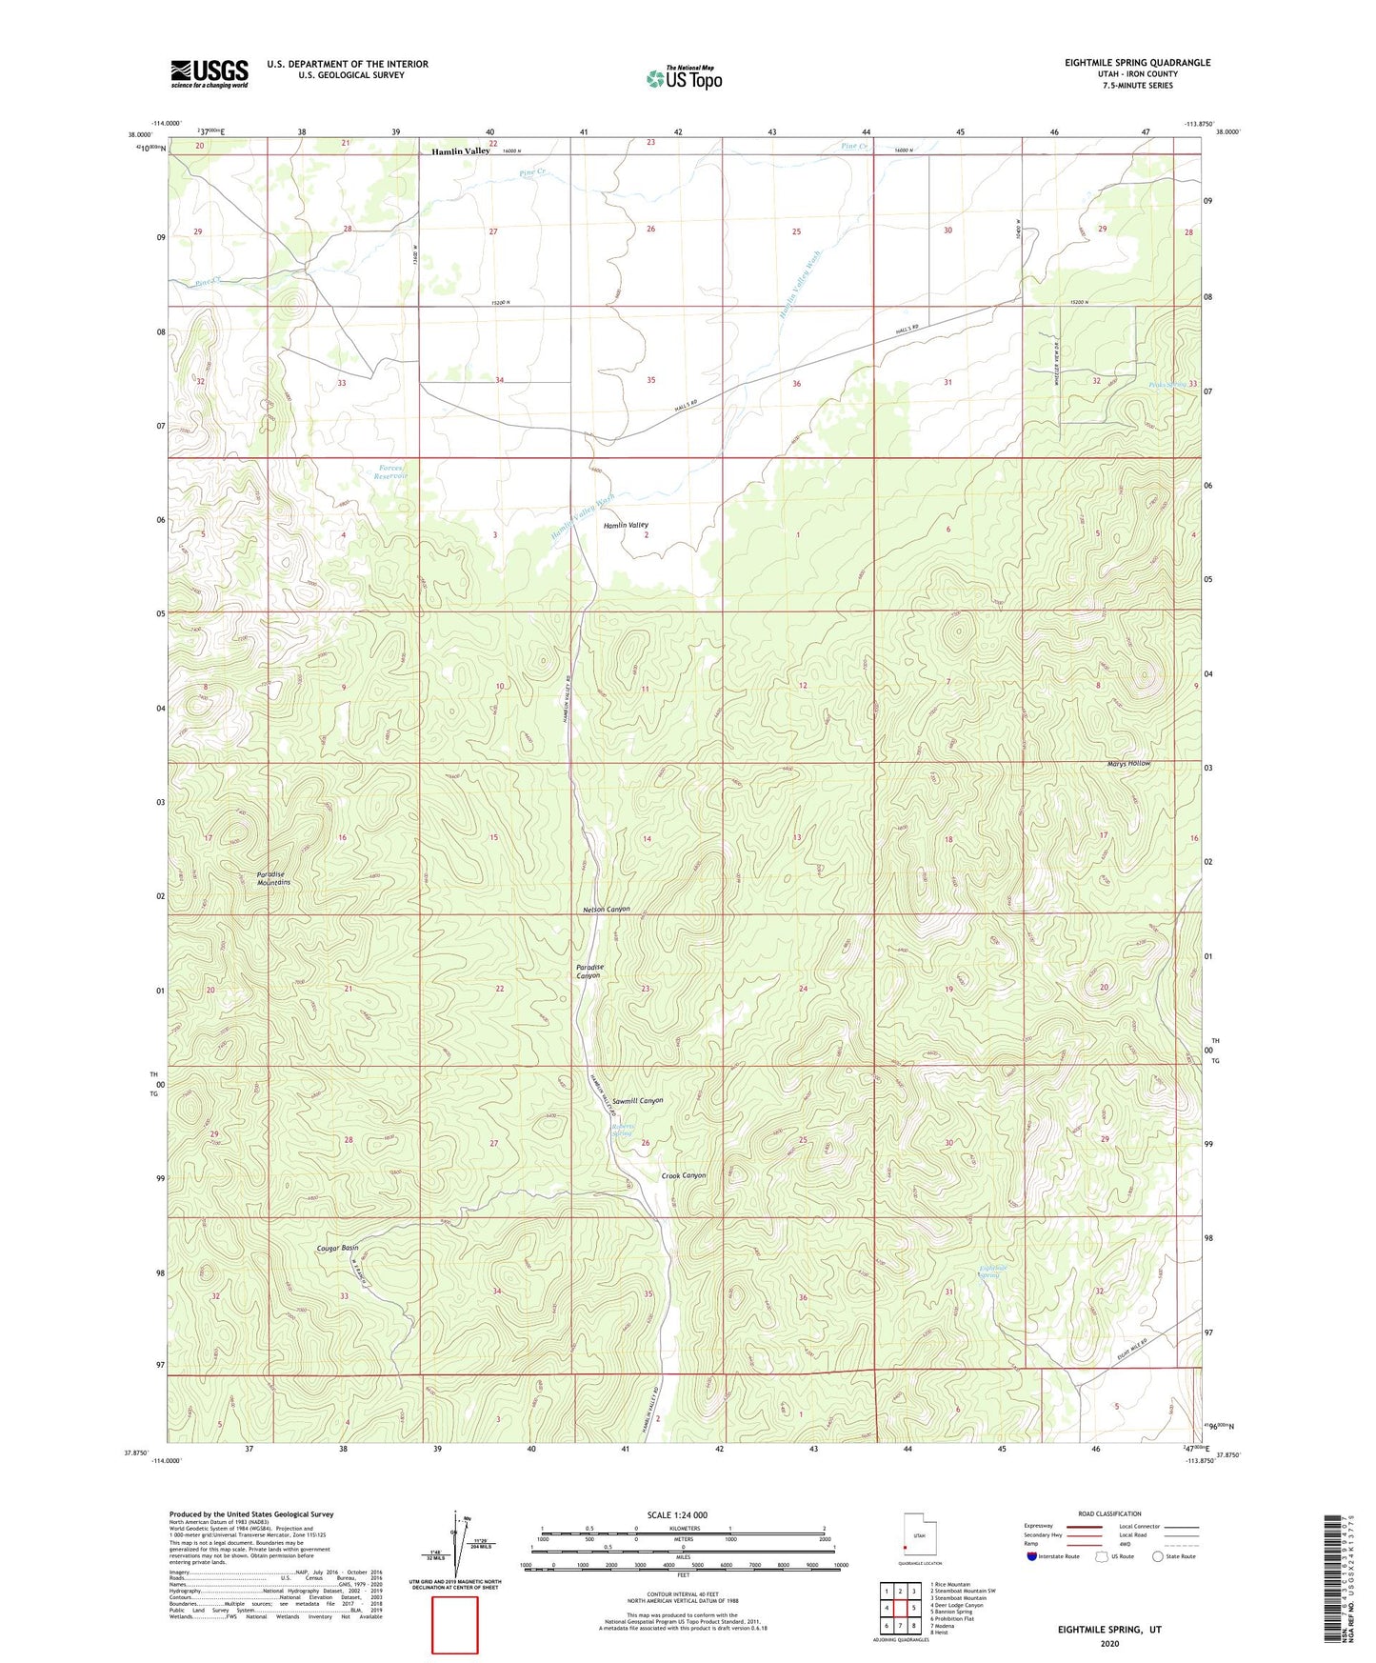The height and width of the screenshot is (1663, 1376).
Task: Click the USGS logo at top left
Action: (209, 72)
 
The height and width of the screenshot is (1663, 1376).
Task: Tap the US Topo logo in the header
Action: (684, 77)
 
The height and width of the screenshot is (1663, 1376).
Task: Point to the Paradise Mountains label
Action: (273, 878)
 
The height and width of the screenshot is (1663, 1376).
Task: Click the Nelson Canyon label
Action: (606, 910)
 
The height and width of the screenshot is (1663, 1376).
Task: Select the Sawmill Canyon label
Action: (637, 1100)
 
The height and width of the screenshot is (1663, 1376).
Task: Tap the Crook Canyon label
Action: (684, 1175)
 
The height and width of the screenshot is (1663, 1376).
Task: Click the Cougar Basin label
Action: (338, 1247)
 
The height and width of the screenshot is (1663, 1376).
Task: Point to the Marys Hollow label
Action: (1128, 764)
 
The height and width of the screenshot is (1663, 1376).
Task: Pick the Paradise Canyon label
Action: (589, 972)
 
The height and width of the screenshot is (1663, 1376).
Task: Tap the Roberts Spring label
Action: (622, 1130)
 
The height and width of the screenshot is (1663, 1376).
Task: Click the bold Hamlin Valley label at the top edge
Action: (460, 151)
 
